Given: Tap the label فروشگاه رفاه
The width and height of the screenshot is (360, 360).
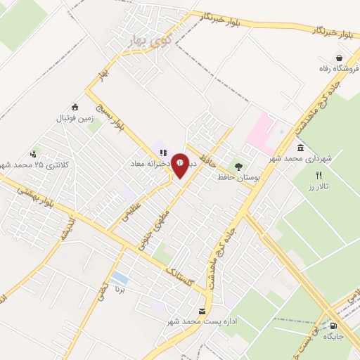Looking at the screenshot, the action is [334, 69].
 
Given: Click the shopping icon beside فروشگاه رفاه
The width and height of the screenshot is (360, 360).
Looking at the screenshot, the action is [340, 58].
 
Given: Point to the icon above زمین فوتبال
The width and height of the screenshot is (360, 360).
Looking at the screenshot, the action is [75, 107].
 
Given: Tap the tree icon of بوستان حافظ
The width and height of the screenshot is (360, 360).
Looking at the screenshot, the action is [239, 168].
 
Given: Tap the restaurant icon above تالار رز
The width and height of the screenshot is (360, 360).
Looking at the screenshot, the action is [319, 176].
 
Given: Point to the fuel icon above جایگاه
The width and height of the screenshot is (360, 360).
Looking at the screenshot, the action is [333, 326].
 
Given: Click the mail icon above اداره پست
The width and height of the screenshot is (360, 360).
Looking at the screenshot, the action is [202, 311].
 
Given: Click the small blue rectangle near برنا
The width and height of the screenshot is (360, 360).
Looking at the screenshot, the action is [120, 278].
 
